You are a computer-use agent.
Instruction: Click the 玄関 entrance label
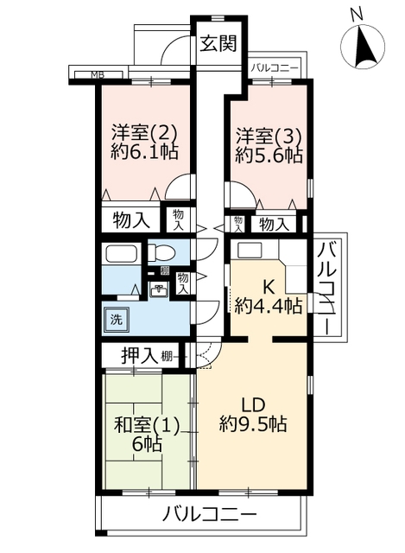coord(218,43)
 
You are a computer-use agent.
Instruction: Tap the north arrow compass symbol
coord(363,45)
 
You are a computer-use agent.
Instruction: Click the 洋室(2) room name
coord(144,133)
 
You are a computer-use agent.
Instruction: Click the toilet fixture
coord(161,252)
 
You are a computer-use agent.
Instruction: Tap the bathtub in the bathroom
coord(121,253)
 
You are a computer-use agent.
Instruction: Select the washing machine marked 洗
coord(117,320)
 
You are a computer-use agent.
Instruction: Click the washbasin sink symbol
coord(159,290)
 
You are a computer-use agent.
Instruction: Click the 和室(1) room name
coord(147,425)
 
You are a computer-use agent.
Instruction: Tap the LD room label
coord(253,405)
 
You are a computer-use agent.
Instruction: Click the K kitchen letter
coord(269,288)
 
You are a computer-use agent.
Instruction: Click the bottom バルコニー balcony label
coord(209,515)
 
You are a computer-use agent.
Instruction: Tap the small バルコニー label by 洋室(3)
coord(275,68)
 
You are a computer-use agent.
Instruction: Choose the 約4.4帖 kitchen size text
coord(269,305)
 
